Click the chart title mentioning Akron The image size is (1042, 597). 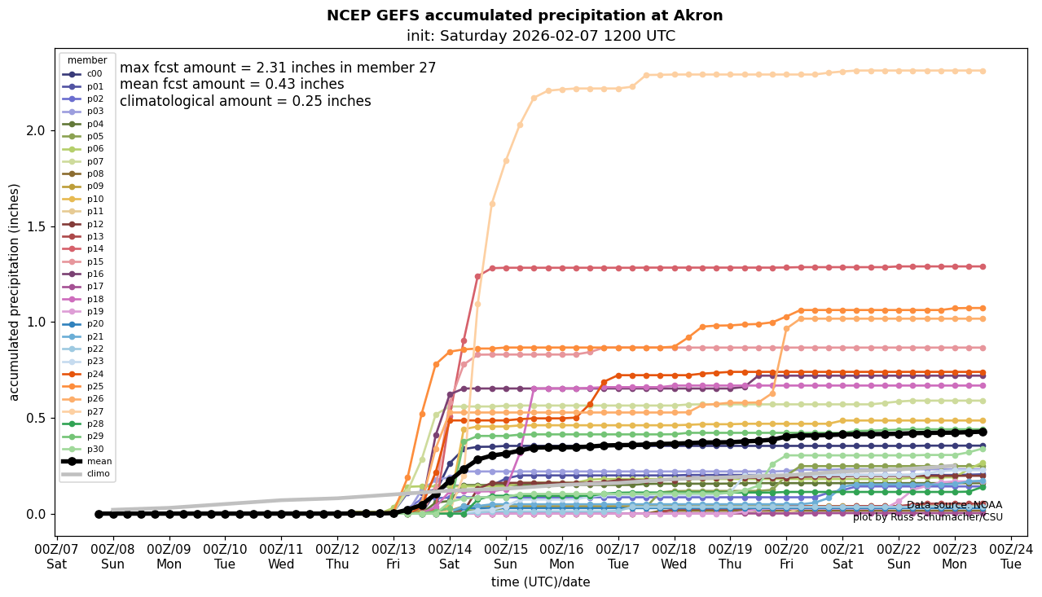point(525,15)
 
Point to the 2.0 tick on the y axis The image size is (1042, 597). point(37,130)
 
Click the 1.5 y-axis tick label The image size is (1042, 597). point(37,226)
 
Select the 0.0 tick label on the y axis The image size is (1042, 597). point(37,514)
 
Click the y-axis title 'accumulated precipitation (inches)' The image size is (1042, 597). point(14,292)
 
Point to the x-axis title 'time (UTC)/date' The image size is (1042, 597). point(540,582)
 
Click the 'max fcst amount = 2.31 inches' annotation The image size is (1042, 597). point(278,68)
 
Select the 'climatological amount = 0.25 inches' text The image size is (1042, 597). point(245,101)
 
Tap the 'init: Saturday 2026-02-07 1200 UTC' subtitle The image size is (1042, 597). point(541,36)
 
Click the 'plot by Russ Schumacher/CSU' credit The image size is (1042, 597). point(927,517)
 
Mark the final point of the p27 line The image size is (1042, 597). point(983,71)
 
